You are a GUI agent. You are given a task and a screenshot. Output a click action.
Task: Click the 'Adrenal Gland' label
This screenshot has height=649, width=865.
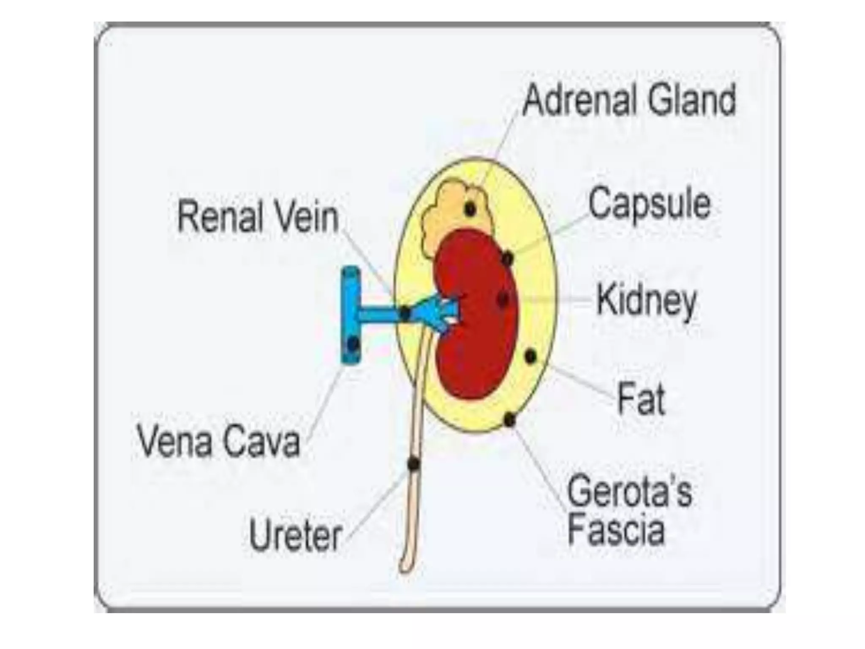629,100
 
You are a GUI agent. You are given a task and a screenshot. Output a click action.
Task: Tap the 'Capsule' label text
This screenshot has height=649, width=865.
649,204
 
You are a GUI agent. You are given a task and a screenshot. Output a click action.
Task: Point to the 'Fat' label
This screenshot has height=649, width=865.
641,398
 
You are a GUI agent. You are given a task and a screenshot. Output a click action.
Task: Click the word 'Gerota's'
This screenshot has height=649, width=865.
629,491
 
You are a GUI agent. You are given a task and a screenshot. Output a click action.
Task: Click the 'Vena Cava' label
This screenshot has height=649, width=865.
218,442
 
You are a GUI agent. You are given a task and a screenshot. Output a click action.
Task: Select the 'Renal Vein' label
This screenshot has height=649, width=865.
258,217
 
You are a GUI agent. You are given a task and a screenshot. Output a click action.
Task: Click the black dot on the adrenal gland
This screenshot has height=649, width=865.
470,209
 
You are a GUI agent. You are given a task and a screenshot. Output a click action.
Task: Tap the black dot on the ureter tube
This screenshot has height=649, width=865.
413,464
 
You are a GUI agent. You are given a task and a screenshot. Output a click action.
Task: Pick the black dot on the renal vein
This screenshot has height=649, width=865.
405,314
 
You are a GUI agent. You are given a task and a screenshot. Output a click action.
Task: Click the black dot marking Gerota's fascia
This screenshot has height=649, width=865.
510,420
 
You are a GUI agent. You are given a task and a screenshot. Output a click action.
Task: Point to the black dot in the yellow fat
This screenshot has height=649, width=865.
530,356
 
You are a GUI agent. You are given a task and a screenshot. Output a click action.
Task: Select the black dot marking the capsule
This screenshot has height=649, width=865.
507,258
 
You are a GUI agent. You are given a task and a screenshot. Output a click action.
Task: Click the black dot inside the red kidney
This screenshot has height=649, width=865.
502,299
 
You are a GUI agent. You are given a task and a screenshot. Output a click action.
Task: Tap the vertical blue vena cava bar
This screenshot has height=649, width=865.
351,296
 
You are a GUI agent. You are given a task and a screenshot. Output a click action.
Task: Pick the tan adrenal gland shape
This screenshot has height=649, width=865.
443,211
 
